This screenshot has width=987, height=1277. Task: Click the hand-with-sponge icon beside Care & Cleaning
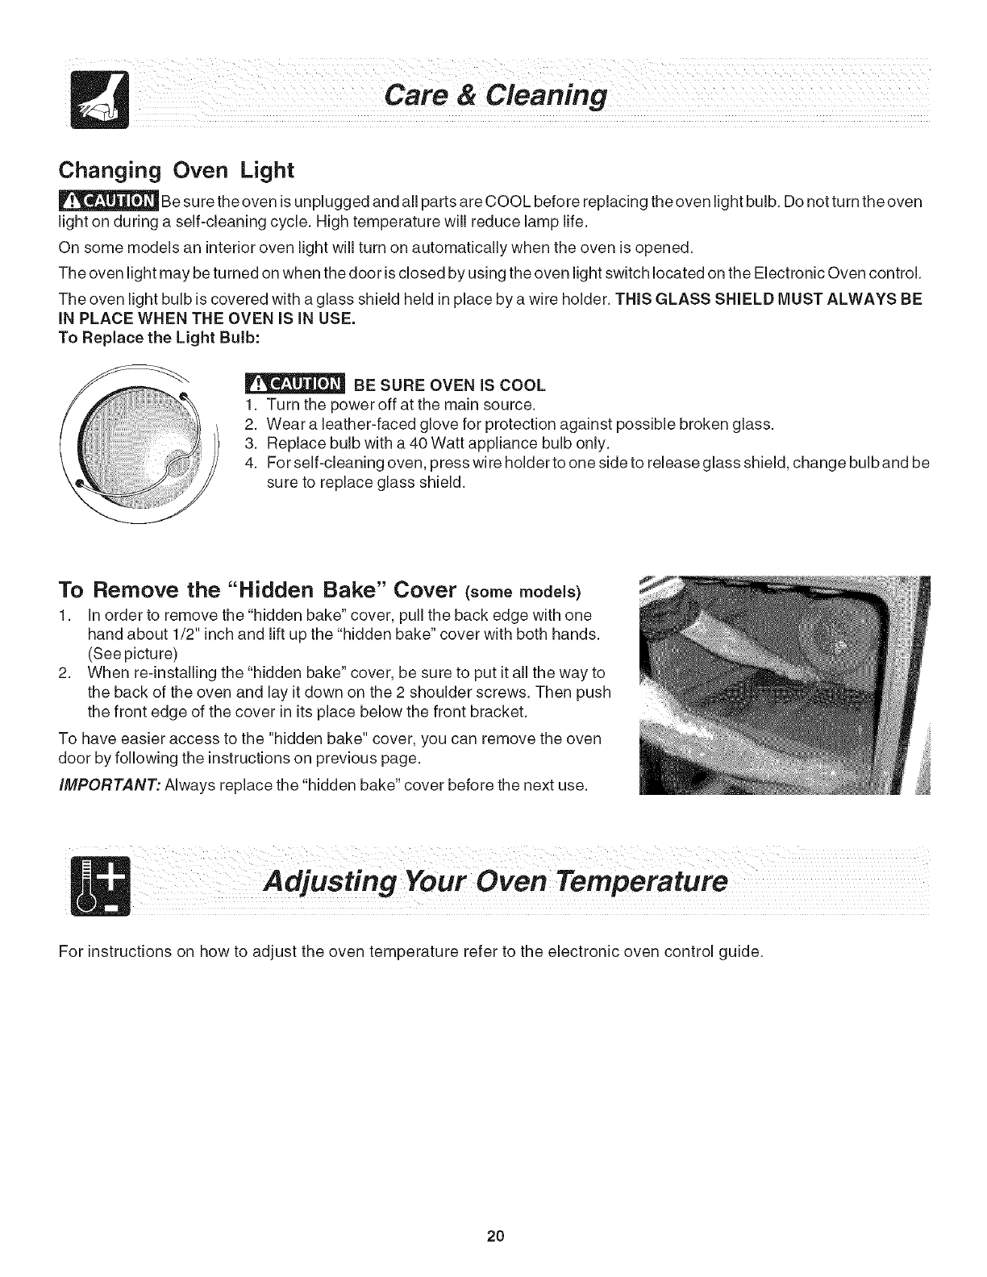[93, 100]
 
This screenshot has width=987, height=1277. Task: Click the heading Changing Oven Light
[175, 170]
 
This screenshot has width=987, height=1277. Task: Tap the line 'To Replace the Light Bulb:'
[159, 338]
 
